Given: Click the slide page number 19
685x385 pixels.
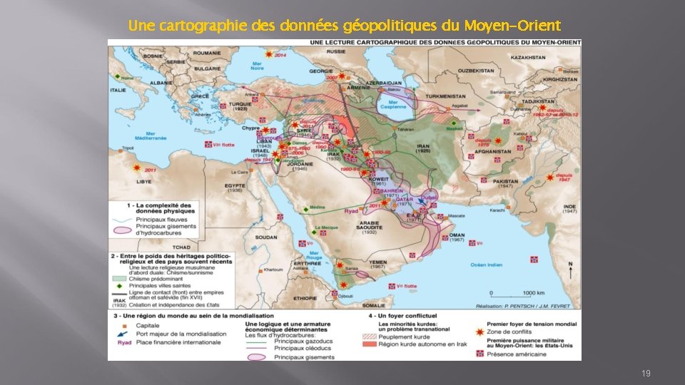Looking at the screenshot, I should [x=645, y=373].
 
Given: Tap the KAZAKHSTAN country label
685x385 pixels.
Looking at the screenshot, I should [x=528, y=57].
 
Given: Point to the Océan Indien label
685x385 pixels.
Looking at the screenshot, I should [x=487, y=265].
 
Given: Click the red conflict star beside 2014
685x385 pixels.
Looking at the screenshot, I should [x=268, y=54].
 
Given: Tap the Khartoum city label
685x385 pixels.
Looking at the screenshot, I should [x=273, y=269].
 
